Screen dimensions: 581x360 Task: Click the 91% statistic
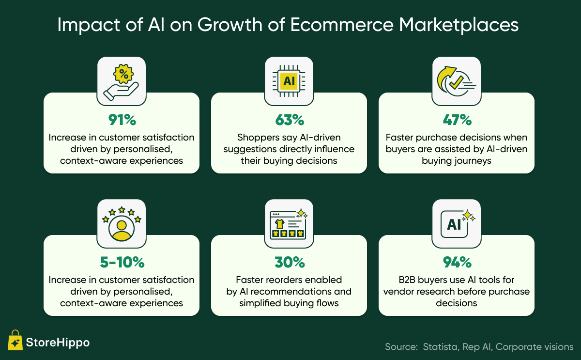122,120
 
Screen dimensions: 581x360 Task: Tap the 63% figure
290,120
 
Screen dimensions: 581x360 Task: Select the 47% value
457,120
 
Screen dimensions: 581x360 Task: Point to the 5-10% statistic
122,262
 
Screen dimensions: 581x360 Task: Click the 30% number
290,262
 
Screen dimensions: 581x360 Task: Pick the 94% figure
457,262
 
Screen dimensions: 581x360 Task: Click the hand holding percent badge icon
121,82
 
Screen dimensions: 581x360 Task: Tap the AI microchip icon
289,81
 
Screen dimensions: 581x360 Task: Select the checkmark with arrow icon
456,81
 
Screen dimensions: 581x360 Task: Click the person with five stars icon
122,224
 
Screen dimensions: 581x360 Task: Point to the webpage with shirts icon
289,224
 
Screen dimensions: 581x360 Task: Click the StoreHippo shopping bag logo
15,340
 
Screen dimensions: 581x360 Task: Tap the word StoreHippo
58,343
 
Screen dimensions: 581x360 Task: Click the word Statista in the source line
440,347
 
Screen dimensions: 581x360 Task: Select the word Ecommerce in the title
342,25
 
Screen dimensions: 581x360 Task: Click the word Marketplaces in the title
459,25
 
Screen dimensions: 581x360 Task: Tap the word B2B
406,280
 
